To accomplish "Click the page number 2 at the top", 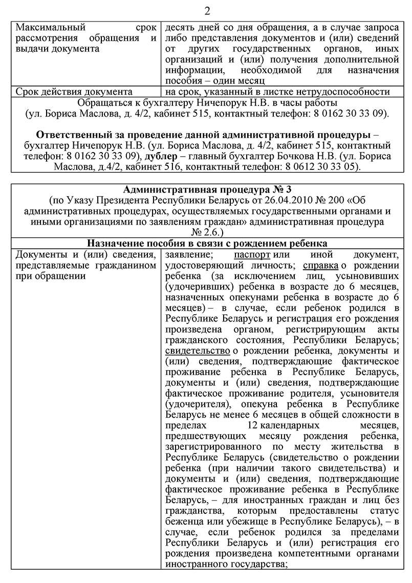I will [x=206, y=11].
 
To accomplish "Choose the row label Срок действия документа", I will [x=71, y=92].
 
